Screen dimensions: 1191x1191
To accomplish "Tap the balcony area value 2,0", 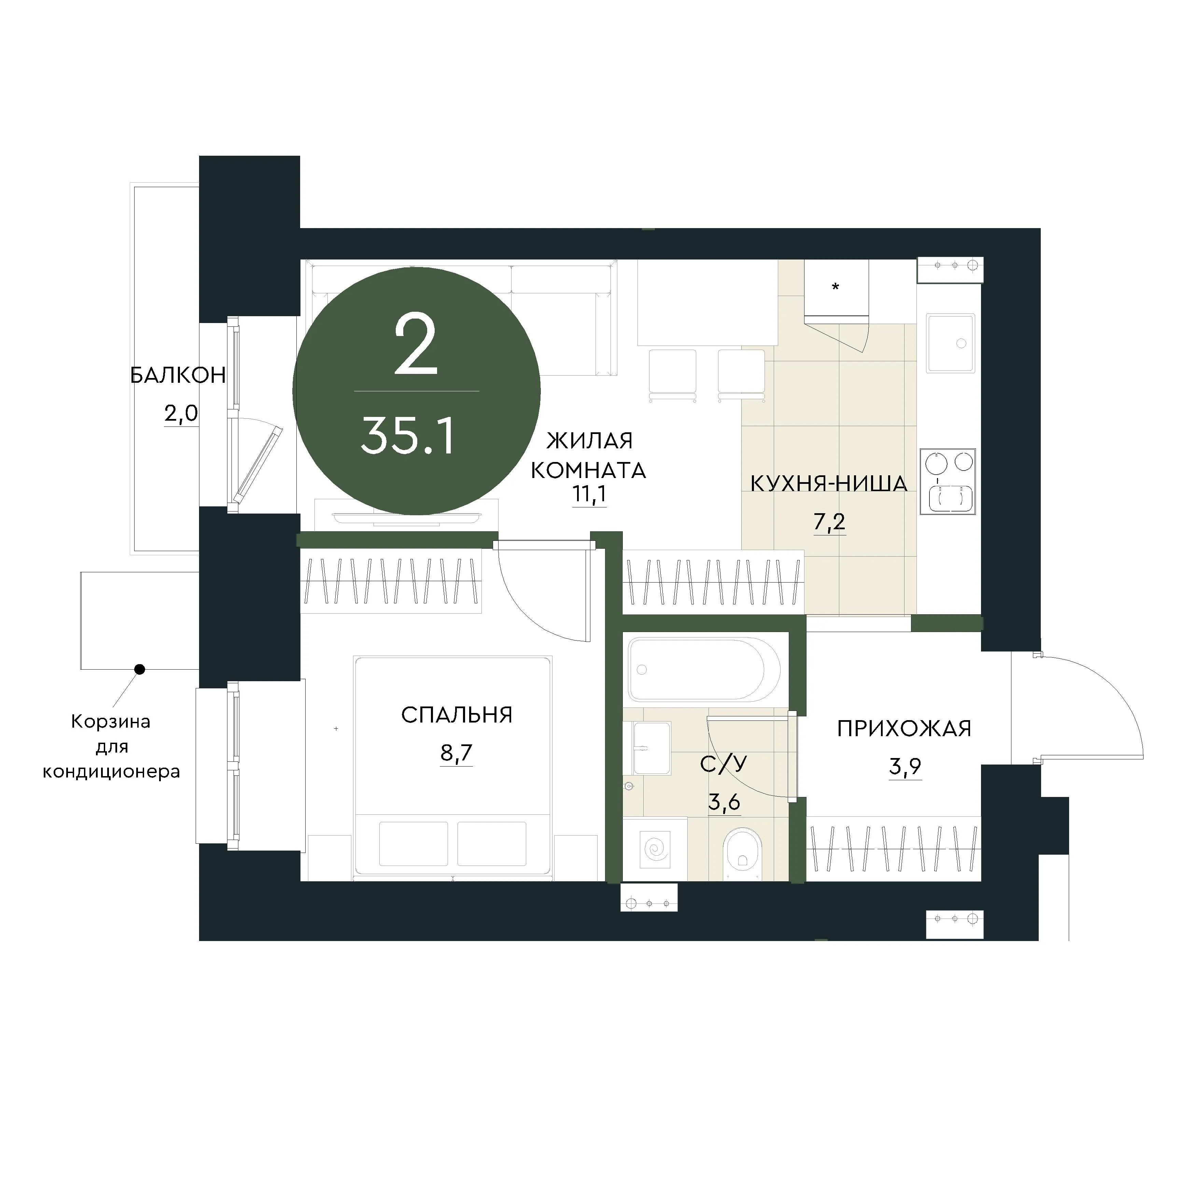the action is coord(181,413).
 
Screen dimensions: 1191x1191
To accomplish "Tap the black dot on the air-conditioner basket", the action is coord(140,669).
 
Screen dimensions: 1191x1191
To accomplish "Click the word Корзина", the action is coord(111,722).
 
